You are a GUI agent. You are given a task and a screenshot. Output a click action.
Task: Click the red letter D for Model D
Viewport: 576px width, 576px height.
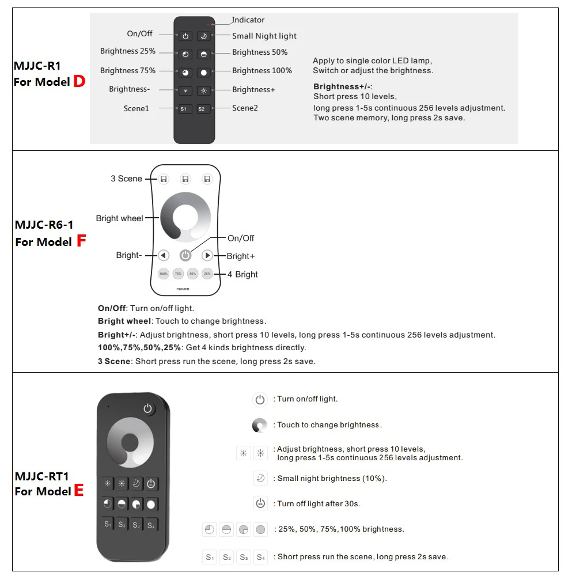tap(79, 82)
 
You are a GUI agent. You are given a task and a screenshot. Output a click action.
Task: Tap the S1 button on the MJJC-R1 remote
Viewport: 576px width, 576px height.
tap(185, 109)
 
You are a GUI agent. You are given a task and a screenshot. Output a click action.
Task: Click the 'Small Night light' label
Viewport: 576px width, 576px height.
tap(264, 36)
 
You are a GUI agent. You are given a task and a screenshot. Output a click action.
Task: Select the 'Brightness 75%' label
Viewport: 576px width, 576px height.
tap(128, 71)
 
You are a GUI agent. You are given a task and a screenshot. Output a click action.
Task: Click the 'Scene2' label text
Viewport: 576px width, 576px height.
tap(245, 108)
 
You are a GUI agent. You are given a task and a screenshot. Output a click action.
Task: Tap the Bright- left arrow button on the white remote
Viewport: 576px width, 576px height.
tap(164, 255)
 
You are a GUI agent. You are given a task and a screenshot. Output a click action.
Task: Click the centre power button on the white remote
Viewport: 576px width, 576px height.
tap(185, 255)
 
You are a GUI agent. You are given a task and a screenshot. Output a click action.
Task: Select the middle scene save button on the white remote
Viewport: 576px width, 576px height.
tap(185, 179)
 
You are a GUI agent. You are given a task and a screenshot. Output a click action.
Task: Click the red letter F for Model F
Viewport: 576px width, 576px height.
tap(81, 241)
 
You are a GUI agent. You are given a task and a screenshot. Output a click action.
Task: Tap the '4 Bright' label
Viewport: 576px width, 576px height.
tap(242, 274)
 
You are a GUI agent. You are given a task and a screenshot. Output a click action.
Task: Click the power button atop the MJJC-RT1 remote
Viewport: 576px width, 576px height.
tap(149, 409)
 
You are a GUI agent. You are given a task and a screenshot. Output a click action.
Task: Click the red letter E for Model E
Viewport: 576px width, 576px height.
tap(79, 491)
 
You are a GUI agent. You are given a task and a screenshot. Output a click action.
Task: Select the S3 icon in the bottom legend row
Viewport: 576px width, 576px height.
tap(244, 557)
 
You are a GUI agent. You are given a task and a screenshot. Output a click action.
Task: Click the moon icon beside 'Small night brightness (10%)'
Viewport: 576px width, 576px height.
tap(260, 478)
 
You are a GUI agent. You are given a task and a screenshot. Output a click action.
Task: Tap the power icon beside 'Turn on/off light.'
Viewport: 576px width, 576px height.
tap(260, 399)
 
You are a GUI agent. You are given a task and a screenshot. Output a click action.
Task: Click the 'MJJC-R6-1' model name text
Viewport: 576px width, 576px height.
tap(44, 225)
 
